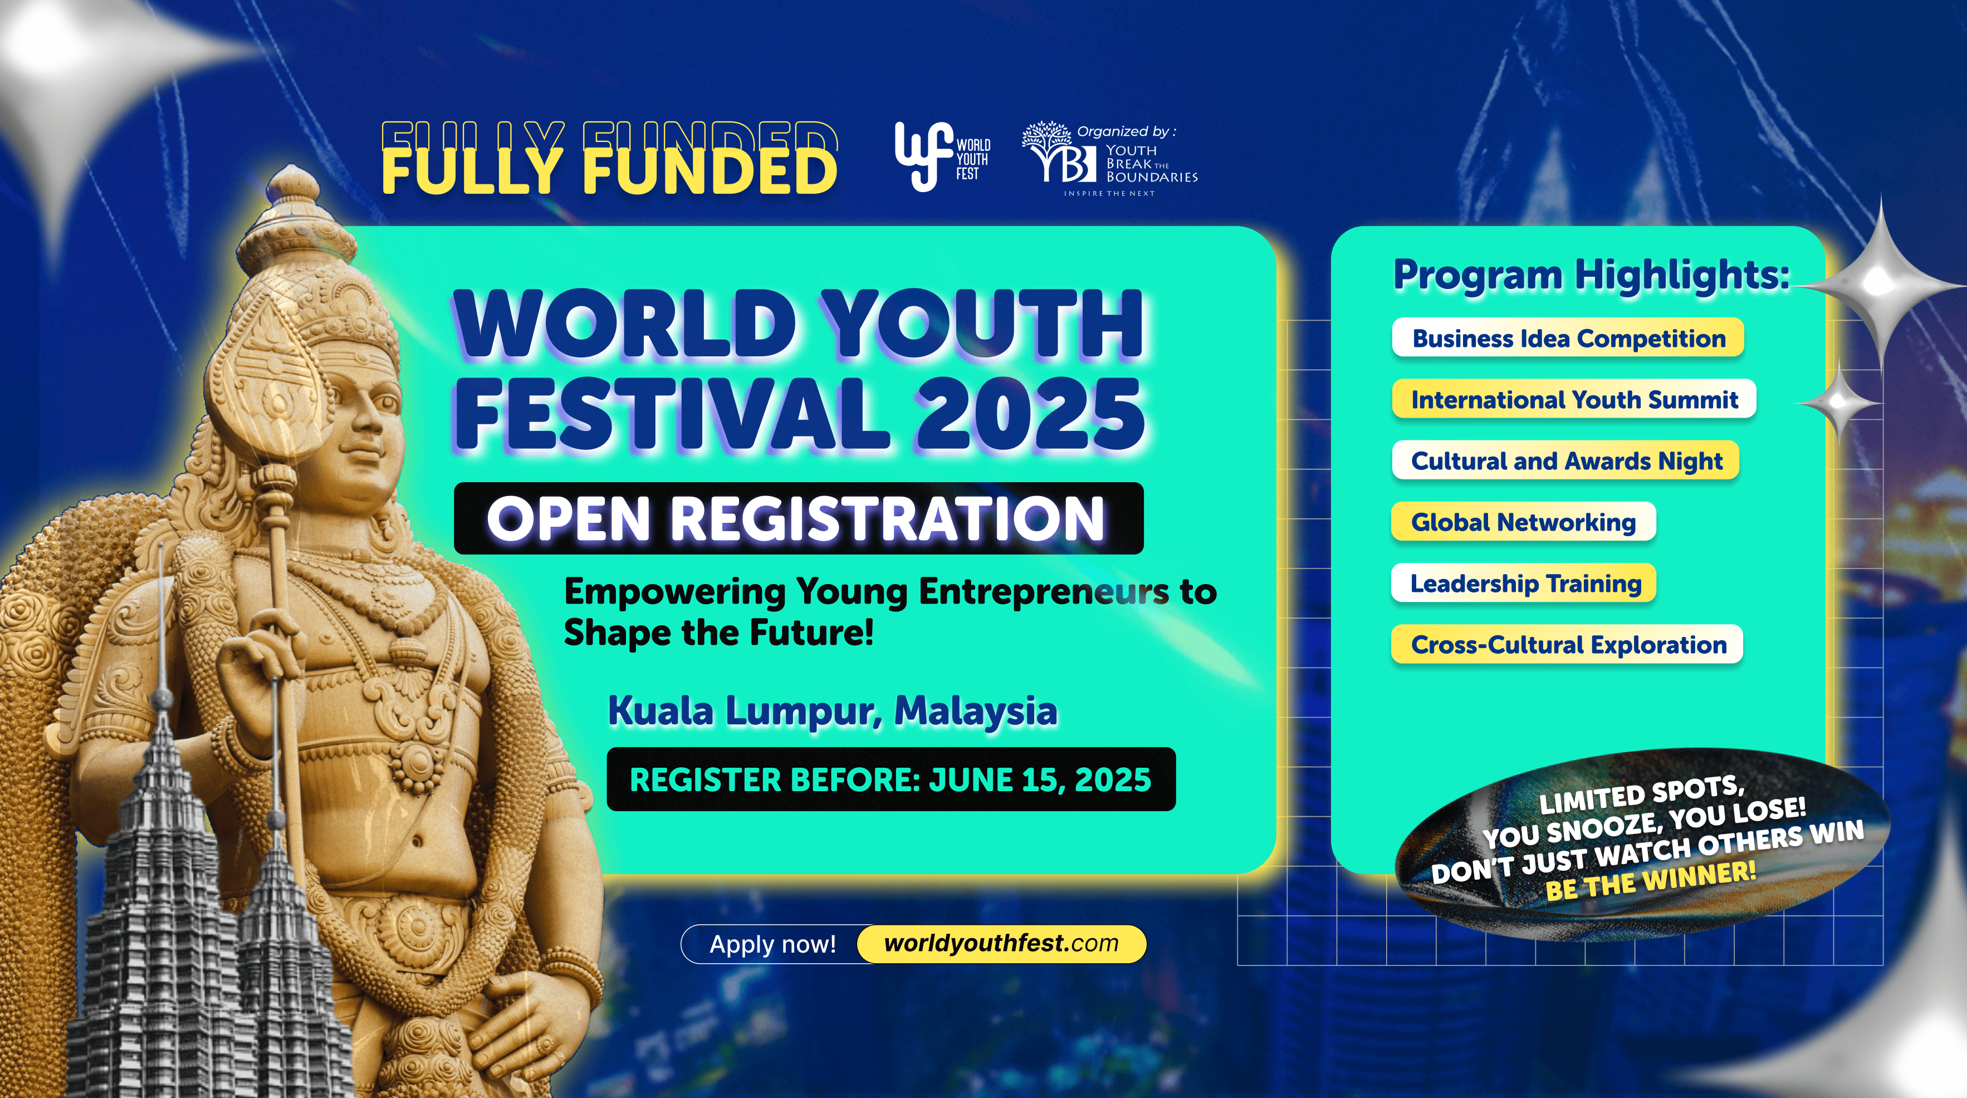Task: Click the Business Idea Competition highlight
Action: tap(1568, 339)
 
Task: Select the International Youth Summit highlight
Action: tap(1574, 399)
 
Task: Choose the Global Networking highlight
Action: tap(1523, 522)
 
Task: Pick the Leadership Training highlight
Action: tap(1524, 584)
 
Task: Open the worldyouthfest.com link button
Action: tap(1001, 944)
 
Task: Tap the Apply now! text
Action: tap(773, 944)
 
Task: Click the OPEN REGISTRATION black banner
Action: tap(798, 518)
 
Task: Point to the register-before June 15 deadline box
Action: tap(890, 780)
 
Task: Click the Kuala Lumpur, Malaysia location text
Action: tap(833, 711)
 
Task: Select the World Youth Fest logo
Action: tap(942, 157)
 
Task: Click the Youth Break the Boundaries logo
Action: tap(1109, 159)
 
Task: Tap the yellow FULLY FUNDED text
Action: tap(609, 169)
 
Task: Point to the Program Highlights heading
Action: tap(1591, 275)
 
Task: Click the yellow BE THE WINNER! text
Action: tap(1650, 880)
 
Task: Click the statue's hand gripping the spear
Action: tap(256, 656)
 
